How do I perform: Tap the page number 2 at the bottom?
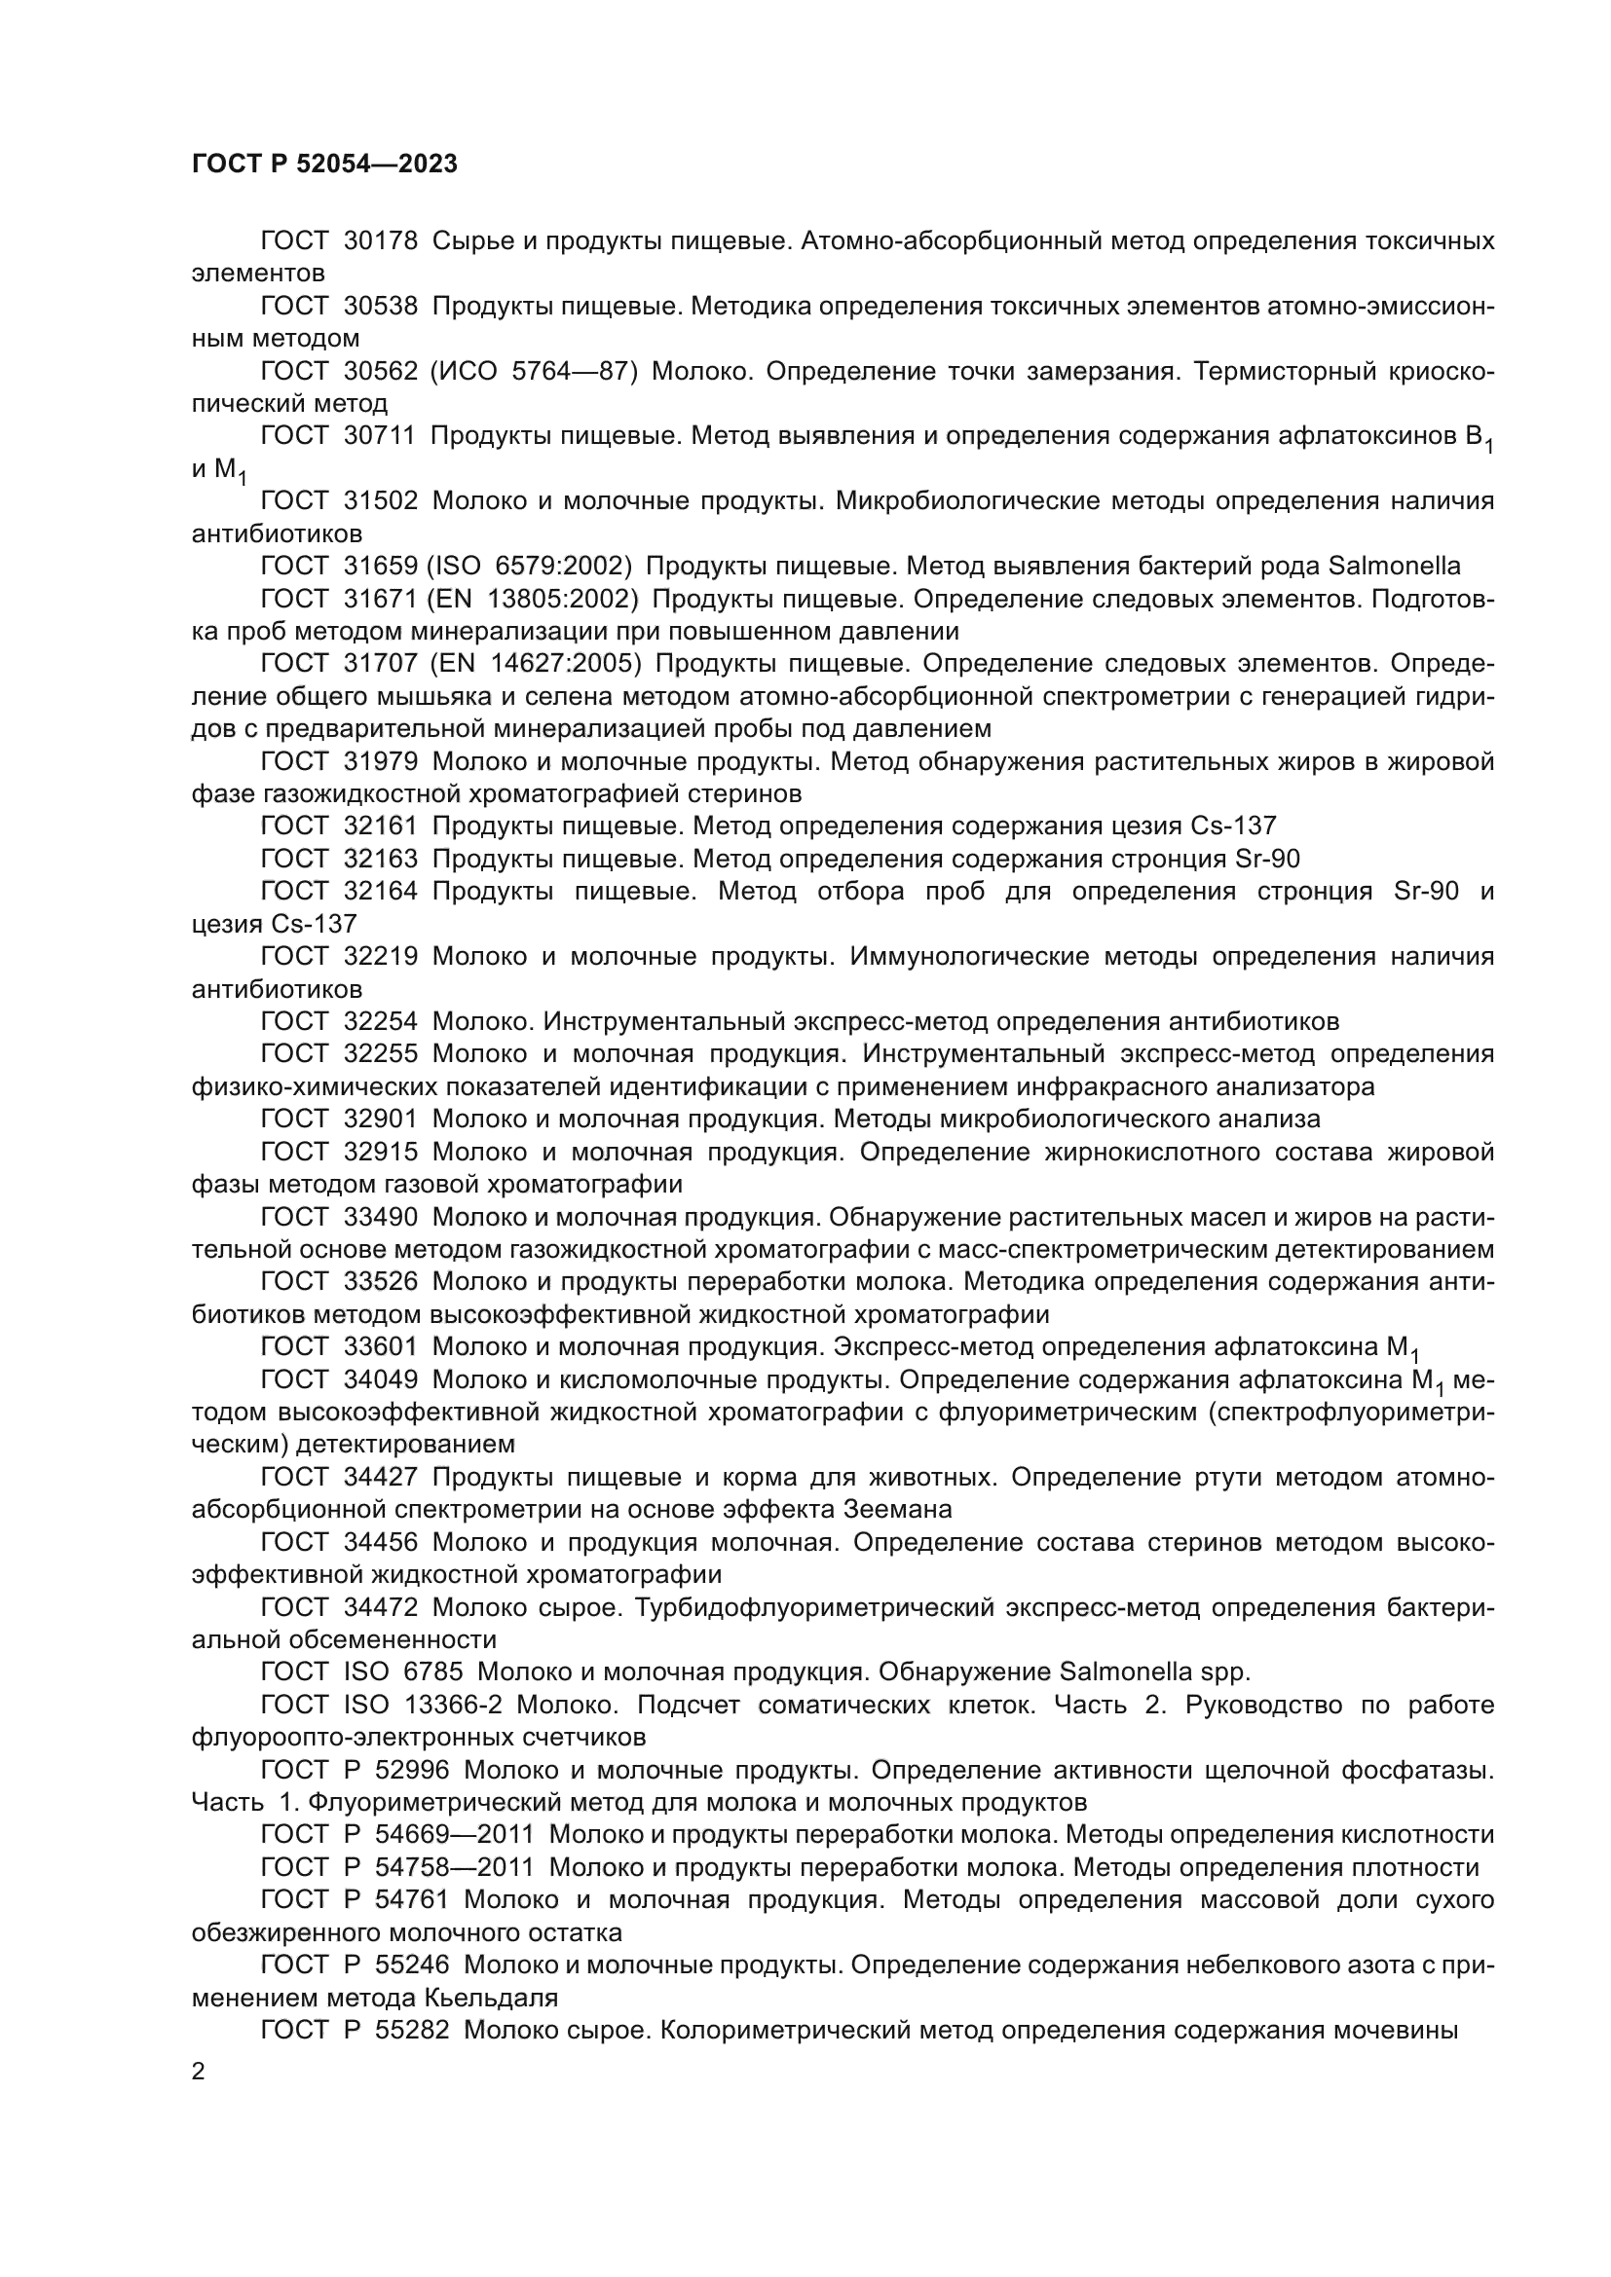199,2072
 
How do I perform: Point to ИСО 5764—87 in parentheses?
535,372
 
